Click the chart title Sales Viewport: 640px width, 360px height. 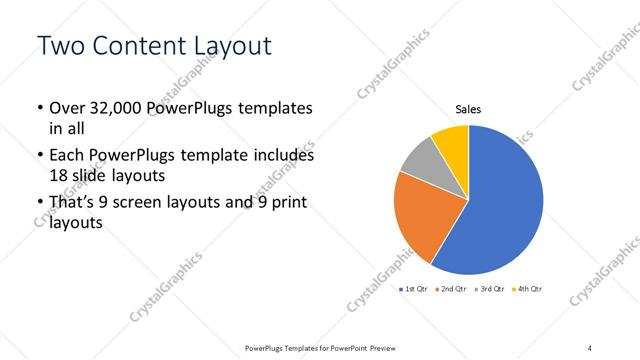(469, 109)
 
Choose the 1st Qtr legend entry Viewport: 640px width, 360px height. (413, 289)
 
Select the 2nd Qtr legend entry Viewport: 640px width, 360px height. (452, 289)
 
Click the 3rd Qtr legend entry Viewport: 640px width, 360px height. (490, 289)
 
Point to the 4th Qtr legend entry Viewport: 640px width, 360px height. (528, 289)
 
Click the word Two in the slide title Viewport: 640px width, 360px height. (63, 46)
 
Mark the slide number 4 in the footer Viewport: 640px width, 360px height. (589, 348)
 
